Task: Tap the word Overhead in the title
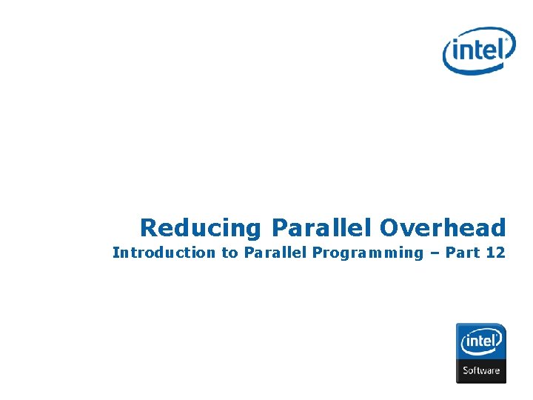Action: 443,227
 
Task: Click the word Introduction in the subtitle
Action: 163,253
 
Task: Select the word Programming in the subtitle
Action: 367,253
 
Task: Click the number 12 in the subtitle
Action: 495,253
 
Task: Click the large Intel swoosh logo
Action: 478,50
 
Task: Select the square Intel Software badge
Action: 480,353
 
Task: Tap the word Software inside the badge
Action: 481,370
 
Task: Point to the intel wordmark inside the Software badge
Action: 481,343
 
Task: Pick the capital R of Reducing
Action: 149,227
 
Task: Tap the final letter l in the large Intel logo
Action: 505,48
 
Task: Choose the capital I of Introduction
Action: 115,253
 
